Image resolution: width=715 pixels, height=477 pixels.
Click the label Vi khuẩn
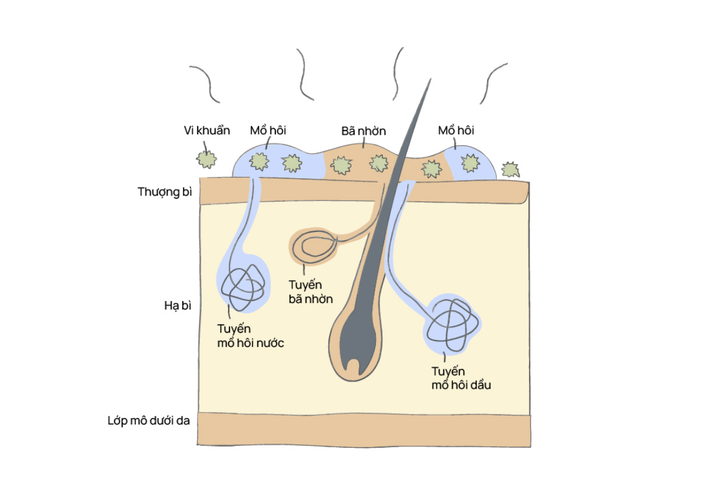point(207,131)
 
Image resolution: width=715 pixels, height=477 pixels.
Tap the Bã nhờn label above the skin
point(363,131)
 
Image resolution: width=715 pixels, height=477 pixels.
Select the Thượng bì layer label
point(164,192)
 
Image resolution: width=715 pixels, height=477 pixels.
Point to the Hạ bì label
point(178,306)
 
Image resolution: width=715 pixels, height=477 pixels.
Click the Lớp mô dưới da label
point(149,420)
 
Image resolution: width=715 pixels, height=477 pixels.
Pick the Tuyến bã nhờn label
point(310,292)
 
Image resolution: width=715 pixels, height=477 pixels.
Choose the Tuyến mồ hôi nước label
point(251,336)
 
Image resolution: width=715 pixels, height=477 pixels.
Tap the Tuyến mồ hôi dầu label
point(461,378)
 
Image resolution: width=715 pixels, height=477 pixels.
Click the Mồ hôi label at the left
point(268,131)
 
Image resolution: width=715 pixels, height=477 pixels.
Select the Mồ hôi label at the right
point(456,131)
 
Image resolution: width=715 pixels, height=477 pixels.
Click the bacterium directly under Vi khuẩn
point(207,159)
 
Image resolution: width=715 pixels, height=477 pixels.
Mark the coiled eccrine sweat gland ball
point(243,288)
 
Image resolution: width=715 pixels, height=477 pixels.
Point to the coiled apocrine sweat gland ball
point(453,324)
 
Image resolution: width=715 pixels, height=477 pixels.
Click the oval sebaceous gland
point(315,247)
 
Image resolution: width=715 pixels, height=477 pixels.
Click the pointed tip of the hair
point(431,79)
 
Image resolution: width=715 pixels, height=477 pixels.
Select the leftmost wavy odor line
point(205,84)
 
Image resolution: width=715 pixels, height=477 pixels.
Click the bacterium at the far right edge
point(510,170)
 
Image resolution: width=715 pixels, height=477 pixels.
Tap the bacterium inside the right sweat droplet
point(470,163)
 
